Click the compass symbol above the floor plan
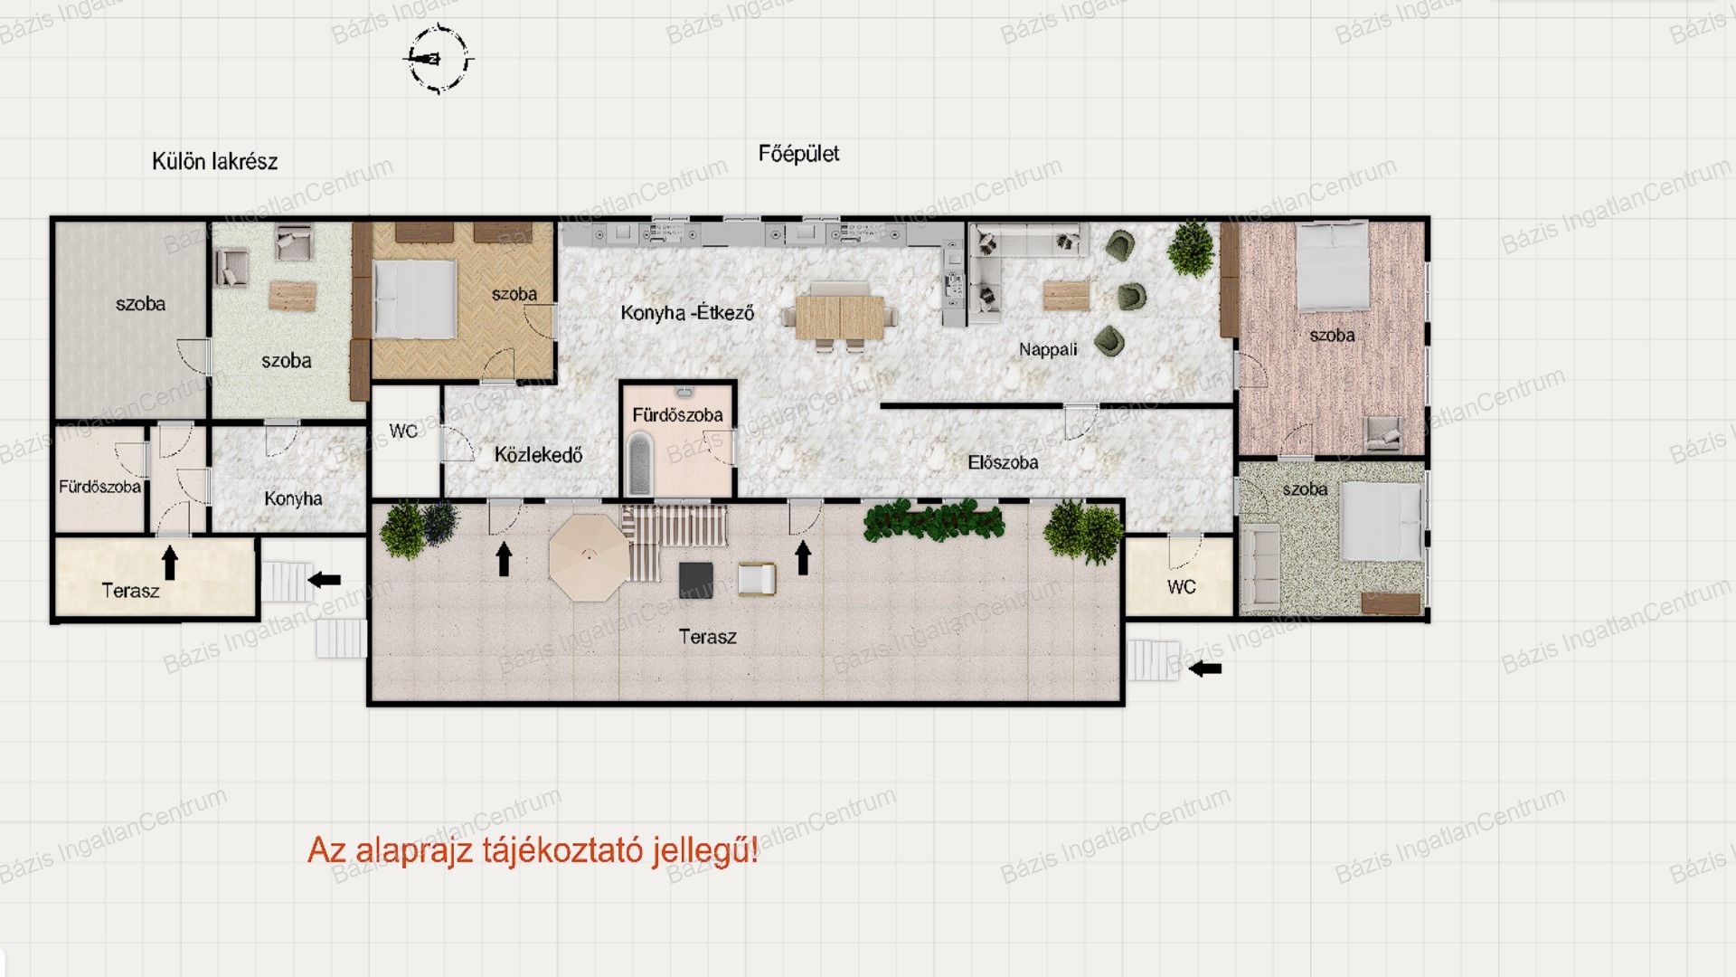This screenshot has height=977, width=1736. tap(439, 60)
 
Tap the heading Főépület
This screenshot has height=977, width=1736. tap(798, 154)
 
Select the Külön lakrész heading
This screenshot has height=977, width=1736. tap(214, 162)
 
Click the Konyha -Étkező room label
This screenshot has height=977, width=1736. tap(687, 313)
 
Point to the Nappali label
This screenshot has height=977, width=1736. tap(1048, 350)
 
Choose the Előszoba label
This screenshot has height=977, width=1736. tap(1003, 462)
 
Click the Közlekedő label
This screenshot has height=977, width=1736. tap(538, 455)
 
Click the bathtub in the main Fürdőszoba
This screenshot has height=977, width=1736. tap(639, 463)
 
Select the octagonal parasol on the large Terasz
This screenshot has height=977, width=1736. tap(589, 557)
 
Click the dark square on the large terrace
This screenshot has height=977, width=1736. tap(696, 580)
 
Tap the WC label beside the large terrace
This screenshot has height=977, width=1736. tap(1181, 587)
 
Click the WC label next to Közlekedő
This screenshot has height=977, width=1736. tap(403, 432)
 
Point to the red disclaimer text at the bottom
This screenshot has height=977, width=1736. tap(533, 850)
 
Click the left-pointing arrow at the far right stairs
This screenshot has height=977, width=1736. tap(1204, 669)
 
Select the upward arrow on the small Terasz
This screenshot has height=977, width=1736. tap(170, 563)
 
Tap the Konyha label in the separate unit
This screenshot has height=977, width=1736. tap(293, 498)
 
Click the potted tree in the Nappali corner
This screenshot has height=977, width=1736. tap(1191, 248)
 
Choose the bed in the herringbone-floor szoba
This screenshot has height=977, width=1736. tap(415, 299)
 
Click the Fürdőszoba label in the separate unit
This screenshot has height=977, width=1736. tap(99, 487)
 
